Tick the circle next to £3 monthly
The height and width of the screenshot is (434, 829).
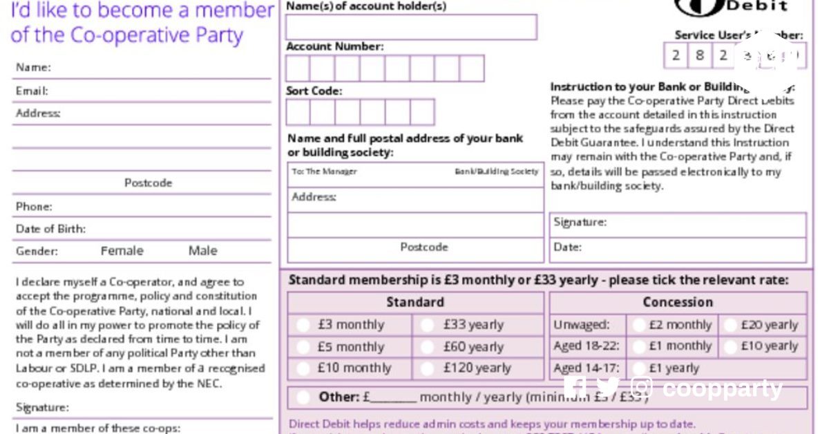click(x=303, y=325)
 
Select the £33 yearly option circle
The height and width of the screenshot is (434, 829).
click(x=428, y=325)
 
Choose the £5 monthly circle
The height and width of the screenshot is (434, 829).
click(x=303, y=347)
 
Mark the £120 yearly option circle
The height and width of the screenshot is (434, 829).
click(x=428, y=369)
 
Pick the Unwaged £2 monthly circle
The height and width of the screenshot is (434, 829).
click(x=639, y=325)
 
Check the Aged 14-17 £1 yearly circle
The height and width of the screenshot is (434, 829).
click(x=639, y=369)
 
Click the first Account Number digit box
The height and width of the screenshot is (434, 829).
click(x=298, y=68)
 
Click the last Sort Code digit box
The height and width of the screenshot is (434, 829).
click(x=422, y=112)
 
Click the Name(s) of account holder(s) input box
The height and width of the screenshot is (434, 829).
click(x=411, y=28)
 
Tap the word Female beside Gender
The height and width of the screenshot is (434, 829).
click(x=122, y=251)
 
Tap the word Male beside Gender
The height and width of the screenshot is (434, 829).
click(x=202, y=251)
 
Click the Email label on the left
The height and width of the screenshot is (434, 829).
click(x=32, y=91)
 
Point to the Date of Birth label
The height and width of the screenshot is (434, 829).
click(x=50, y=229)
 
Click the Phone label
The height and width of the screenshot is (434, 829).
click(x=34, y=207)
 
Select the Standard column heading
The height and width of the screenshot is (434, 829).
click(x=415, y=302)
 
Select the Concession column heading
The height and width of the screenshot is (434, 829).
click(x=678, y=302)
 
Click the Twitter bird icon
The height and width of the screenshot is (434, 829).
click(x=608, y=388)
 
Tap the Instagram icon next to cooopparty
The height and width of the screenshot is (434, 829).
click(x=642, y=388)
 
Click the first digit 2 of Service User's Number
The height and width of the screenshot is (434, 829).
click(x=676, y=55)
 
